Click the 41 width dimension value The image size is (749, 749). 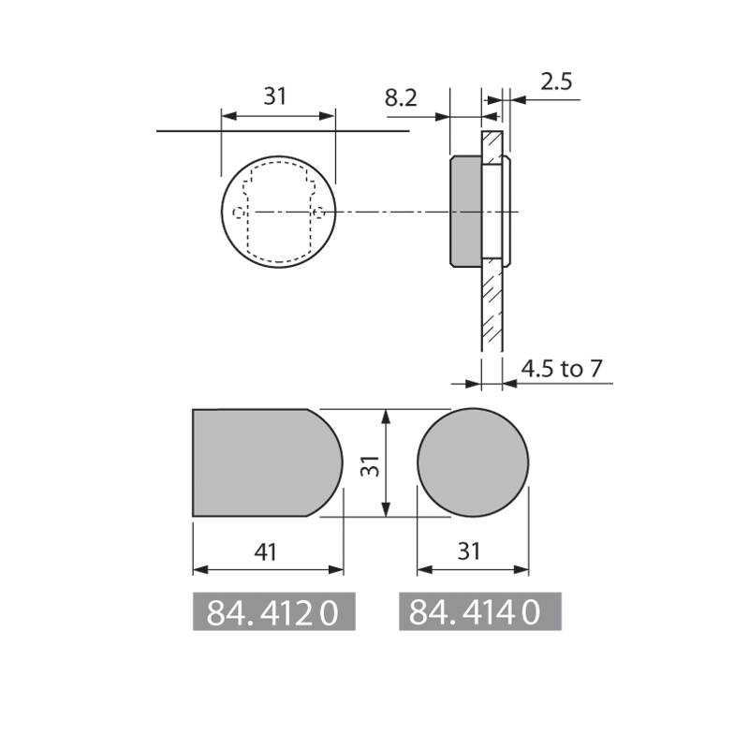(267, 552)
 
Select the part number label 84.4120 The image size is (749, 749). (274, 612)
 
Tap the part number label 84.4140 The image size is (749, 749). (479, 612)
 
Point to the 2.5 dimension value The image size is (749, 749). (556, 81)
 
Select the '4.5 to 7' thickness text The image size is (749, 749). (562, 368)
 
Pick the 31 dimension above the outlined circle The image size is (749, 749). (273, 95)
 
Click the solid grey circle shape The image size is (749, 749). (473, 463)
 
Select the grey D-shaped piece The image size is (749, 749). (262, 463)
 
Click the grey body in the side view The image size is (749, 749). (464, 212)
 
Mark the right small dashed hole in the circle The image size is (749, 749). (319, 213)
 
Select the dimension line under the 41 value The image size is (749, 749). (267, 570)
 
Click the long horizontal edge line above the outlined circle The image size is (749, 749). (187, 132)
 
